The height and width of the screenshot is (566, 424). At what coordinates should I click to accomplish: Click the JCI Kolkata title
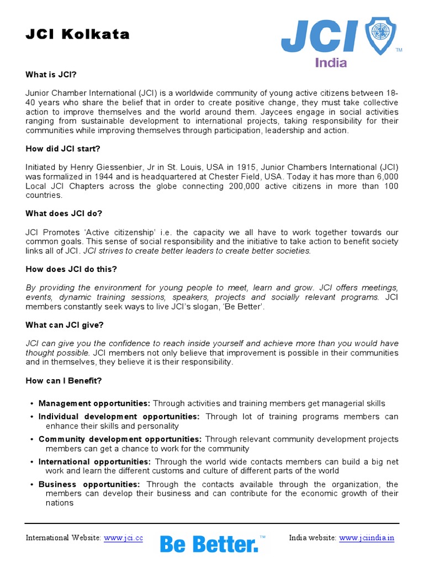click(x=77, y=35)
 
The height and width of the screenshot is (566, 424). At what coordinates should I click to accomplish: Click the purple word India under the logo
click(x=331, y=62)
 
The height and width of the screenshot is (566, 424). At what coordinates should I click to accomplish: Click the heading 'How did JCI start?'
click(x=62, y=149)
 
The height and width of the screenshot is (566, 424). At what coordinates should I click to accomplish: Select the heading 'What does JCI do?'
click(x=64, y=213)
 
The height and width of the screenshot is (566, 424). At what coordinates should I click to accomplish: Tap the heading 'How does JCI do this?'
click(x=71, y=269)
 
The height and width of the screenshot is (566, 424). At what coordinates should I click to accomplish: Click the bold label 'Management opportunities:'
click(x=94, y=403)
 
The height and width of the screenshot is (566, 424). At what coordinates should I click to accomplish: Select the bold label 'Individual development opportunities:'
click(x=119, y=416)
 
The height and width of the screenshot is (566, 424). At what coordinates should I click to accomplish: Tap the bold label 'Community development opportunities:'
click(x=120, y=439)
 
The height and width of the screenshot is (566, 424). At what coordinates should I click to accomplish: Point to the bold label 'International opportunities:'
click(x=94, y=462)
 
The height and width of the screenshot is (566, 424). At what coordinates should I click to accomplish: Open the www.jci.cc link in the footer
click(x=123, y=538)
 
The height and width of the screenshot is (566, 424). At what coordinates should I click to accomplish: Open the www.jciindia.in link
click(x=367, y=538)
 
